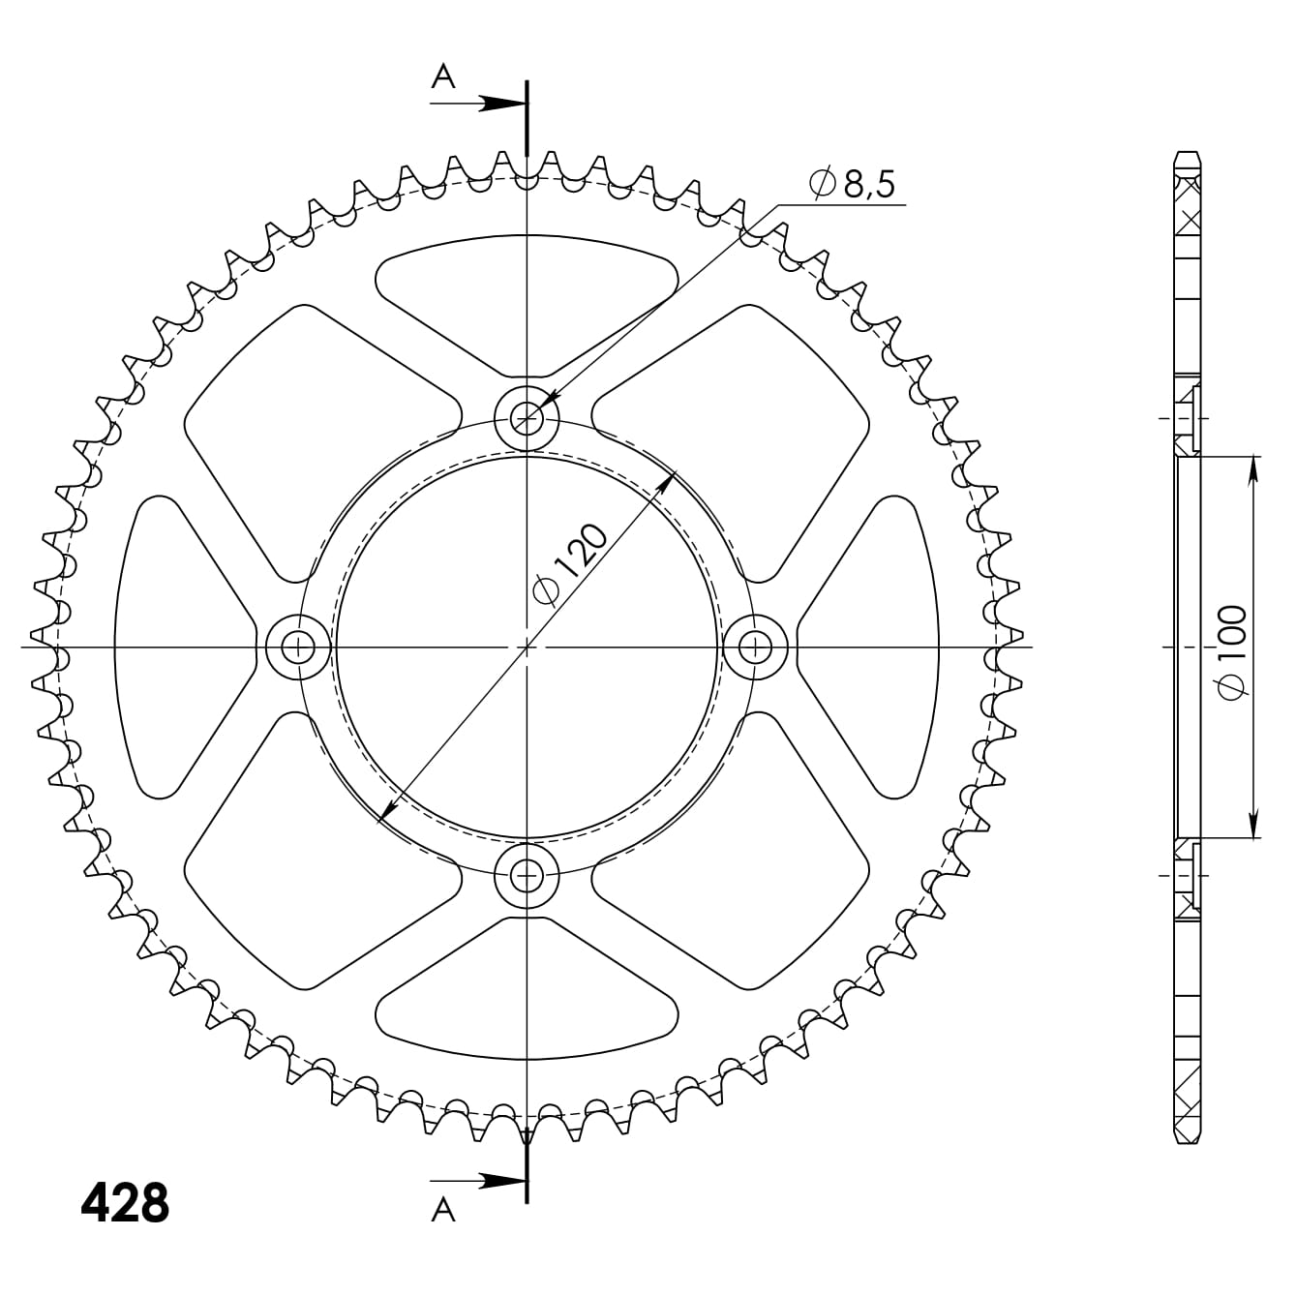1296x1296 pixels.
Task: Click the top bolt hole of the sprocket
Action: [527, 419]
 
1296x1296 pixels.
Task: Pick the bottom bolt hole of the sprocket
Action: [527, 875]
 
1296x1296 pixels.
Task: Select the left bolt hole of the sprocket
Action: [298, 647]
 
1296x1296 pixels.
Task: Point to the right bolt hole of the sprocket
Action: [755, 647]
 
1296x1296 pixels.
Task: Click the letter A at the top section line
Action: [443, 76]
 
